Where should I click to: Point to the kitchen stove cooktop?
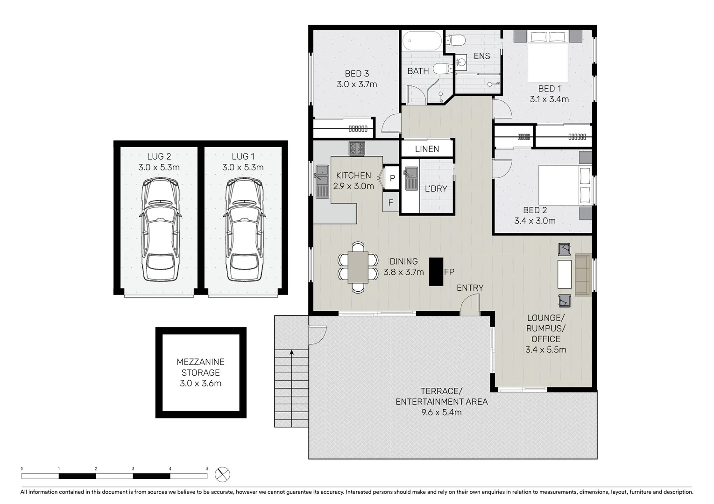click(357, 148)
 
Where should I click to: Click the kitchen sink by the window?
click(321, 181)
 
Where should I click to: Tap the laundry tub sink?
click(411, 178)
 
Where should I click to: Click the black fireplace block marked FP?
click(436, 272)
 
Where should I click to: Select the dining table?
click(358, 267)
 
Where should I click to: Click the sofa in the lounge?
click(583, 274)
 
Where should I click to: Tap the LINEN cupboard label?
click(427, 149)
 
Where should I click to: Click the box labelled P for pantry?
click(392, 178)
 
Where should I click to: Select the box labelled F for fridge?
click(391, 203)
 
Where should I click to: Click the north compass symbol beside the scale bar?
click(222, 475)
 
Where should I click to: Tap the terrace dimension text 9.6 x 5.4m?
click(441, 412)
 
